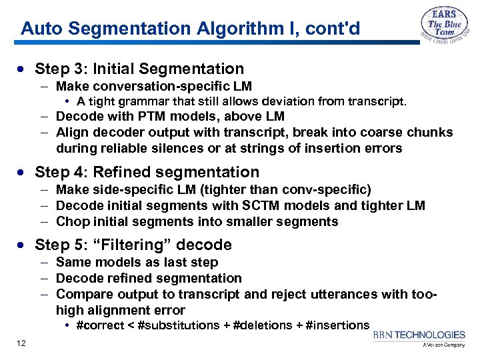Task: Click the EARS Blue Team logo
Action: pyautogui.click(x=443, y=27)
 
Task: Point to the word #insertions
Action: pyautogui.click(x=337, y=325)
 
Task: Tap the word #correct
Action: pyautogui.click(x=101, y=325)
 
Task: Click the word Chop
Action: pyautogui.click(x=71, y=221)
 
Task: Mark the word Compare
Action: pyautogui.click(x=81, y=294)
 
